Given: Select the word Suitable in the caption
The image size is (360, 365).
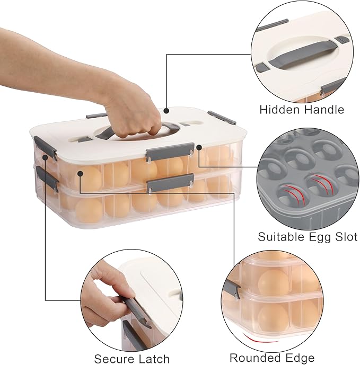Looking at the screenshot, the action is click(x=282, y=237).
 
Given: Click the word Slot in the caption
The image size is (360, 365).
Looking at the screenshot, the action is click(x=346, y=237).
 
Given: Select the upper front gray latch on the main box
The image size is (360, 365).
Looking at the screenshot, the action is click(x=170, y=152).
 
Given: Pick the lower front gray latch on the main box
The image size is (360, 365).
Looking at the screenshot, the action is click(x=171, y=182).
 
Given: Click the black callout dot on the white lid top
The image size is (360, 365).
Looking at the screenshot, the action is click(x=166, y=111).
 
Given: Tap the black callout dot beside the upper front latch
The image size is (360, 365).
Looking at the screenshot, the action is click(x=199, y=147).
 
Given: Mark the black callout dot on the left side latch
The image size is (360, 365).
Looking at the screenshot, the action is click(x=45, y=157).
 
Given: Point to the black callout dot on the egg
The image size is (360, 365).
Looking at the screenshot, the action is click(x=80, y=173).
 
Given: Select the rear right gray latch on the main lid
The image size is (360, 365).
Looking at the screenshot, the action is click(x=222, y=117).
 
